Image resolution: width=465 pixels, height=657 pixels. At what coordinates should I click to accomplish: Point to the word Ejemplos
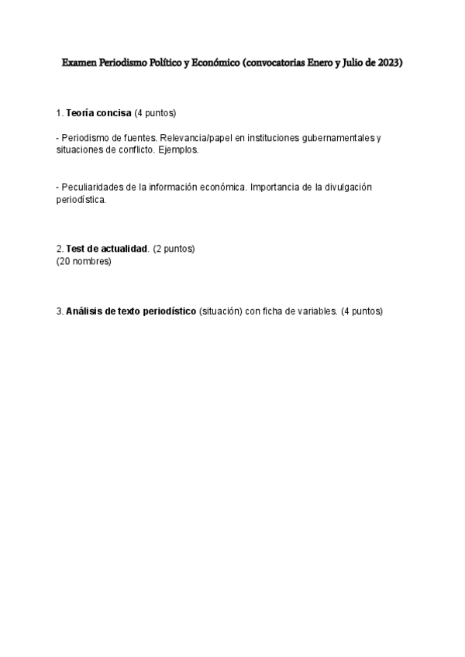point(180,150)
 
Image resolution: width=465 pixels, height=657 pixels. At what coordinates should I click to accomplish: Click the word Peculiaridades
point(92,187)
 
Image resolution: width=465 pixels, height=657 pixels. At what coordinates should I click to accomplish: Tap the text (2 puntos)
point(174,249)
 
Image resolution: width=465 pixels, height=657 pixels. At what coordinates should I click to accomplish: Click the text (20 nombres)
point(84,261)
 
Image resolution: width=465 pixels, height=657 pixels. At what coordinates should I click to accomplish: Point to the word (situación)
point(222,311)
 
